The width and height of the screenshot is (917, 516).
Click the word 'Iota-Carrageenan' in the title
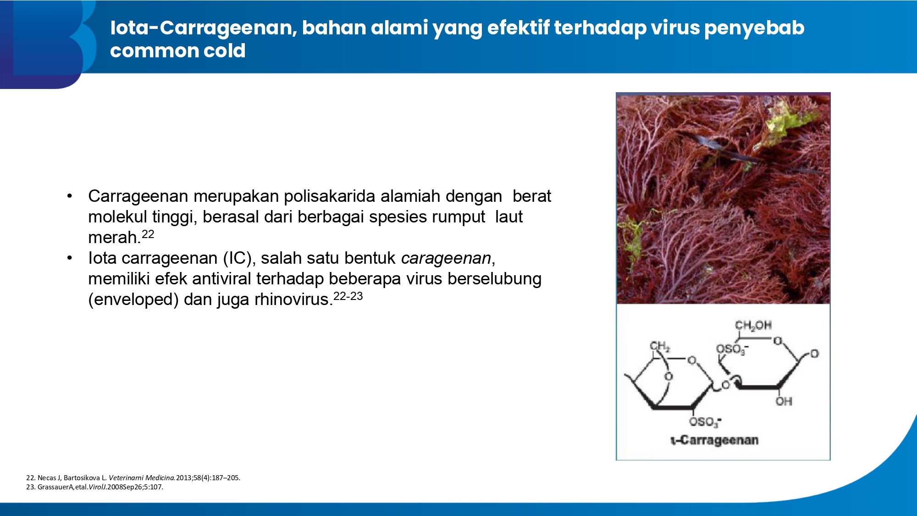(204, 28)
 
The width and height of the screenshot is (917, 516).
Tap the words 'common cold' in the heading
(178, 50)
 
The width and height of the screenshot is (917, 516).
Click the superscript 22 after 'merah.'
(148, 234)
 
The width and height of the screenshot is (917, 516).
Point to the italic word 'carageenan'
(446, 258)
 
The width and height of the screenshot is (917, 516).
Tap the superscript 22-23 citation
(348, 296)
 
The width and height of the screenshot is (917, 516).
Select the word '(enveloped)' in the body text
(133, 300)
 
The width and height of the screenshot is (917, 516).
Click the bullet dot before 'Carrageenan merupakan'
(70, 196)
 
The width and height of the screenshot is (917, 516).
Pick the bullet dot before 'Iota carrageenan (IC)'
(70, 258)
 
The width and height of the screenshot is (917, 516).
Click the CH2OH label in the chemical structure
(753, 326)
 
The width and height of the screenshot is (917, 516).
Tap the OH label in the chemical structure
(784, 401)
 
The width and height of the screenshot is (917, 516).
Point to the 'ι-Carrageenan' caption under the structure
(714, 440)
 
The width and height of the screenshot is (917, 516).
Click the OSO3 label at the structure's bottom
(705, 422)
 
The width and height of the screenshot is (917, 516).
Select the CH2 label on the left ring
(659, 346)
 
